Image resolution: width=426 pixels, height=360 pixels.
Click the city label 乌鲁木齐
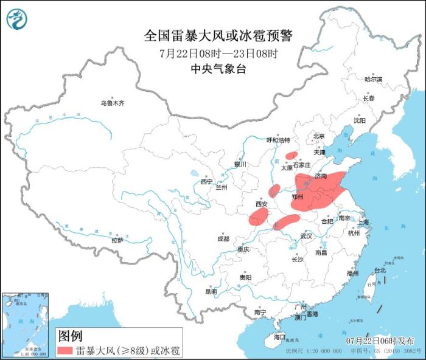[x=112, y=103]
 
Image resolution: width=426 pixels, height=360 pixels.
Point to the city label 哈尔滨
[x=373, y=79]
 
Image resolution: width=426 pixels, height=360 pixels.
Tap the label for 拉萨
[x=117, y=240]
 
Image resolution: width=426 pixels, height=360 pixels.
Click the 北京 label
[x=319, y=136]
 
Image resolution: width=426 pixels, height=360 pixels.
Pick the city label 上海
[x=363, y=223]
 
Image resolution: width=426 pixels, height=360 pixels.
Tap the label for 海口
[x=279, y=336]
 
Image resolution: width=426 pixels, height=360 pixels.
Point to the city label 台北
[x=379, y=270]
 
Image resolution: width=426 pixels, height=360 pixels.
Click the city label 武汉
[x=306, y=235]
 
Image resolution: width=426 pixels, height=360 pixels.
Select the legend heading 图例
[x=70, y=335]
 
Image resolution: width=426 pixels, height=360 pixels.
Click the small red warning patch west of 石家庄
[x=292, y=156]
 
